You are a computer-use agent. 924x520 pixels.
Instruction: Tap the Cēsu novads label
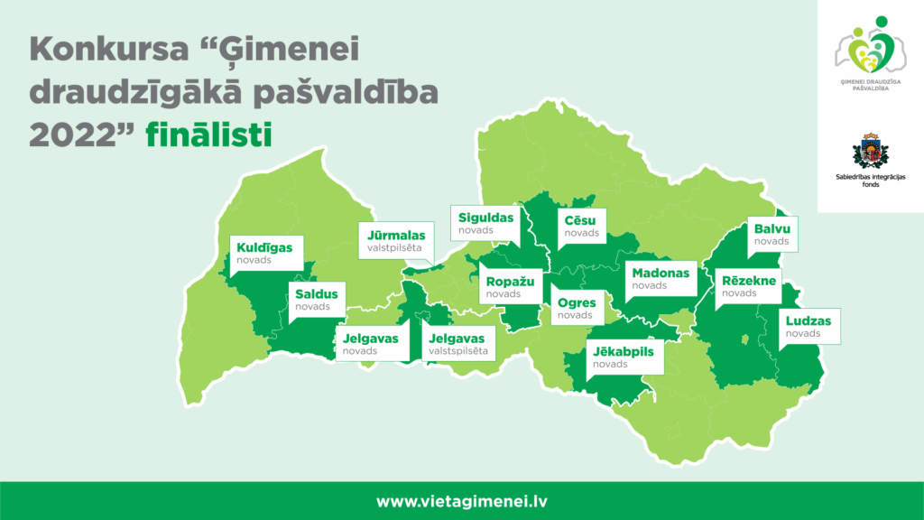click(582, 227)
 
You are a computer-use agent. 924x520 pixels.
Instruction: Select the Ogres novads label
click(577, 309)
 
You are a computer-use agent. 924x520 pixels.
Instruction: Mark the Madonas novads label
click(661, 279)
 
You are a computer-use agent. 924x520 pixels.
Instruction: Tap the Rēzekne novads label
click(750, 286)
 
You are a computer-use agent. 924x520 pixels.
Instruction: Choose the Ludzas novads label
click(808, 327)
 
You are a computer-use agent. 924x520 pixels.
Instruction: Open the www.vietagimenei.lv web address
click(462, 501)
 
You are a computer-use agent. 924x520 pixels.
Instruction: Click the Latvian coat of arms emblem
click(871, 152)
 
